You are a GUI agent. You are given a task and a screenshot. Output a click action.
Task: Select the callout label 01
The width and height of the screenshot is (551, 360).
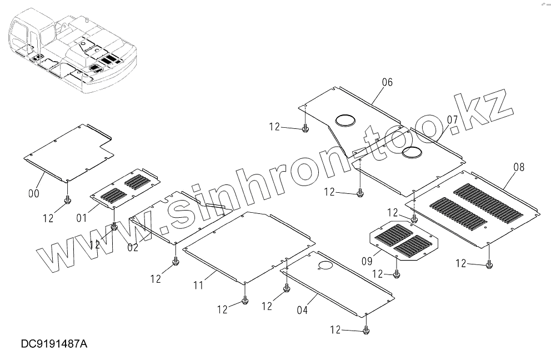82,217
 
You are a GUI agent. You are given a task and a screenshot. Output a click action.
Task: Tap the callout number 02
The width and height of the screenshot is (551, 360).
133,248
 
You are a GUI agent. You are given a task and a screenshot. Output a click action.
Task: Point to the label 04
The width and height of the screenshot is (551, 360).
302,311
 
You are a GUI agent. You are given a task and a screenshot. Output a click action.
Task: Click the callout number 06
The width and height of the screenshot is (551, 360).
387,82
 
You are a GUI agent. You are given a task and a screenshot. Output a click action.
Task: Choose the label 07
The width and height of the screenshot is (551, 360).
452,119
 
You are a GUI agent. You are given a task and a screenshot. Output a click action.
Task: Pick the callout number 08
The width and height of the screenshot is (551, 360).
519,167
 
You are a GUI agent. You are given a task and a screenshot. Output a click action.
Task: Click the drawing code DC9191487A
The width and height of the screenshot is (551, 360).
54,344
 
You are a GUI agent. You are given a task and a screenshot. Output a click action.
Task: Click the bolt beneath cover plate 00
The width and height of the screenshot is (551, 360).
67,199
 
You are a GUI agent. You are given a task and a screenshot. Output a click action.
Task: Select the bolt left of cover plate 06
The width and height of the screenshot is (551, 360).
304,129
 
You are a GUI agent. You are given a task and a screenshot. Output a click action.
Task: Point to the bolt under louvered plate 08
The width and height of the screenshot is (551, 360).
489,264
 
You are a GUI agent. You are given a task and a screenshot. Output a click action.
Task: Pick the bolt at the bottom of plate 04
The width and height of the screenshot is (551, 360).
366,331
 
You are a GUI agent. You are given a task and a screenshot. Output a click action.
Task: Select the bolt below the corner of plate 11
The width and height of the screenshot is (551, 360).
245,301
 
